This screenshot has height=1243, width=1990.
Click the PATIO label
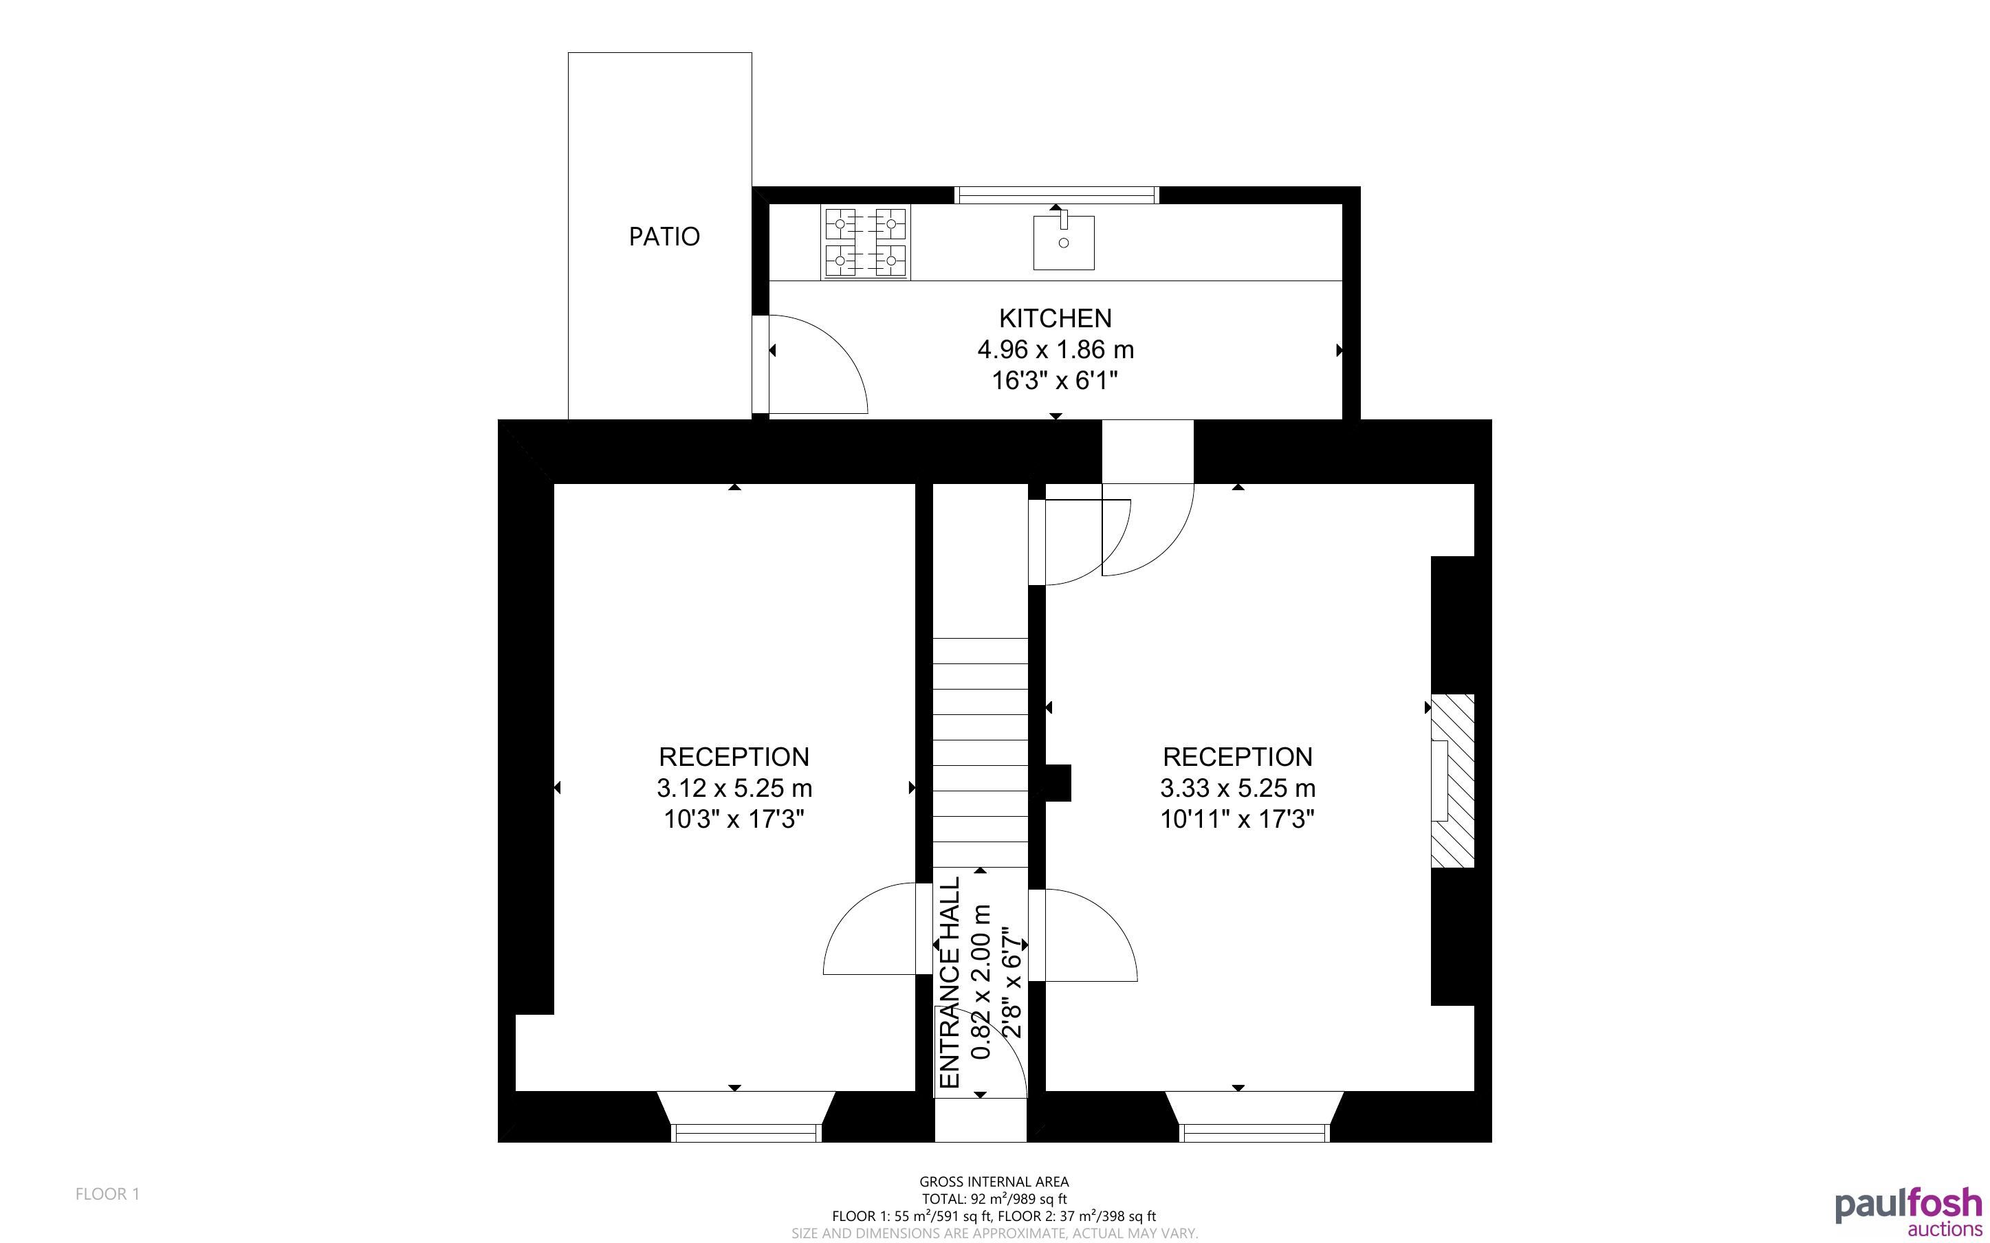coord(664,236)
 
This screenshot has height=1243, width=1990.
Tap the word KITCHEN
coord(1055,318)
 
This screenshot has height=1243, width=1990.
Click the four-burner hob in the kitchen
coord(866,242)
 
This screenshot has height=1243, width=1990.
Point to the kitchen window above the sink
coord(1056,195)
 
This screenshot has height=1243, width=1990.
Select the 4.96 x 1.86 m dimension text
coord(1056,350)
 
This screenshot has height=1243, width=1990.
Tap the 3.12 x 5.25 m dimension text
coord(734,789)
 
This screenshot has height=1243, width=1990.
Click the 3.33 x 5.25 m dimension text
coord(1237,789)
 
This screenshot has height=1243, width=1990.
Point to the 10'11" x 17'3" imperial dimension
coord(1237,819)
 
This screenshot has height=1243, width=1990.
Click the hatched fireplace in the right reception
coord(1452,781)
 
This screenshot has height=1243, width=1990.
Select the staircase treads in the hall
coord(980,752)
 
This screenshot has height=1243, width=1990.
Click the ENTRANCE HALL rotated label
coord(950,982)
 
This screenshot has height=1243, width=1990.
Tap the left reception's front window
coord(746,1133)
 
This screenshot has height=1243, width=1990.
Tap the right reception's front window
coord(1254,1133)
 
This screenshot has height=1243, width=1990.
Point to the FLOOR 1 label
coord(108,1193)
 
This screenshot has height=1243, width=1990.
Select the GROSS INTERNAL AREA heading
coord(994,1182)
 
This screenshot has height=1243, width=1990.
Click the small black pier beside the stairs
coord(1058,782)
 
